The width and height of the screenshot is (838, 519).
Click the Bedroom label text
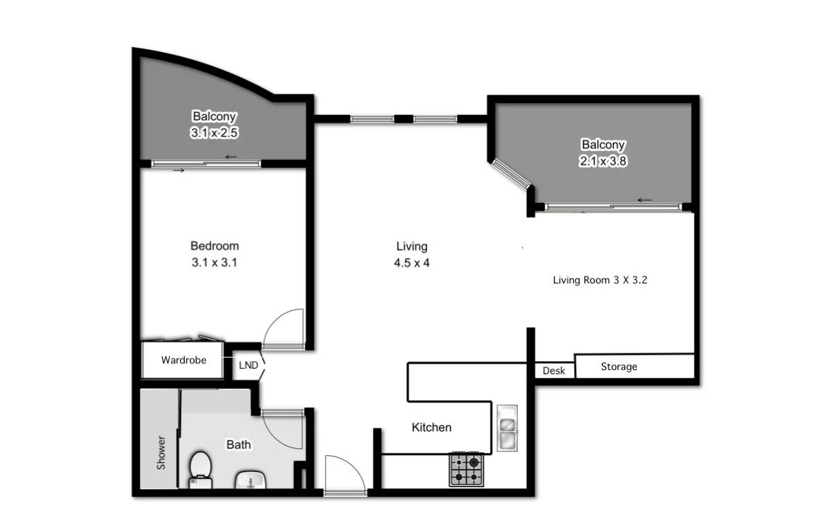(x=214, y=246)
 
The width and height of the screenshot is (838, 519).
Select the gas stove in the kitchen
(x=466, y=469)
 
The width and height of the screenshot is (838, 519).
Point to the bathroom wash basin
(x=250, y=480)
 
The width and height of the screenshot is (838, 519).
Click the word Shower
(x=162, y=452)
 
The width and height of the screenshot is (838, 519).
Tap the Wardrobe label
(x=184, y=360)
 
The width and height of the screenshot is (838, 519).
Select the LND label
(x=248, y=365)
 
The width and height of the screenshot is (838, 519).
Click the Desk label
(x=554, y=371)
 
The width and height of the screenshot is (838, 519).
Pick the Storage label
(x=619, y=367)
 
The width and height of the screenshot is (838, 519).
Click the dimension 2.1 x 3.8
(x=603, y=161)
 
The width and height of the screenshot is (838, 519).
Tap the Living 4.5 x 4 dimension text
(x=412, y=263)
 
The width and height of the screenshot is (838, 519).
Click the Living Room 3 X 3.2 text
(x=600, y=281)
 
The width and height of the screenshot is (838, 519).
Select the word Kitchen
(x=431, y=428)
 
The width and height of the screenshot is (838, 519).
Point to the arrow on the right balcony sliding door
(x=645, y=201)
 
